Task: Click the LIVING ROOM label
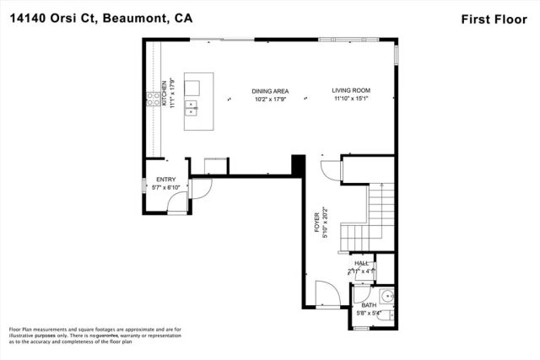tap(350, 91)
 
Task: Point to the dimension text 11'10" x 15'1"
tap(350, 99)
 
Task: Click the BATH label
tap(369, 305)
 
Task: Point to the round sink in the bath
tap(386, 296)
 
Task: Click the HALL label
tap(362, 263)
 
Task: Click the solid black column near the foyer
tap(297, 164)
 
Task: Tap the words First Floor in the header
tap(500, 19)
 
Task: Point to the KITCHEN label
tap(165, 88)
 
